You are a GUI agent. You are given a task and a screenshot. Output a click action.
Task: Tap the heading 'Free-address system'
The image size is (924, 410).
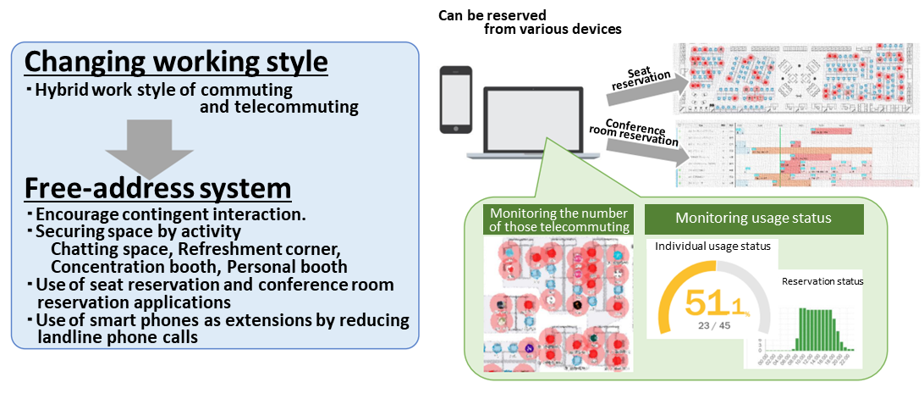(158, 186)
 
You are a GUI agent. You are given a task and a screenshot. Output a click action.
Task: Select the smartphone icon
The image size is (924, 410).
(455, 99)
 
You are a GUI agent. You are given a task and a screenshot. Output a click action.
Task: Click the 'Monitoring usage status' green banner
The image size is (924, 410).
(753, 219)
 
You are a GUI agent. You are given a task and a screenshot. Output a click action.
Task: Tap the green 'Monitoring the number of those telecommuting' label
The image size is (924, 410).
(559, 219)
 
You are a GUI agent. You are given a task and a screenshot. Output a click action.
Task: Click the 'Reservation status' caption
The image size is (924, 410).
(822, 281)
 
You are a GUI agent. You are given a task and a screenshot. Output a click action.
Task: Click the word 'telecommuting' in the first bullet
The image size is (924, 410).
(279, 107)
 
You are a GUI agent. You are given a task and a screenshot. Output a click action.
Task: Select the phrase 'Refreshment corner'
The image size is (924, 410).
(276, 250)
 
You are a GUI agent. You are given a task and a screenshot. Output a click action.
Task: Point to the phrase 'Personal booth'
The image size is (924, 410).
(288, 267)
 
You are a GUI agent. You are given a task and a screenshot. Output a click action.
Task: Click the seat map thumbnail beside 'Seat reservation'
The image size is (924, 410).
(795, 78)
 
